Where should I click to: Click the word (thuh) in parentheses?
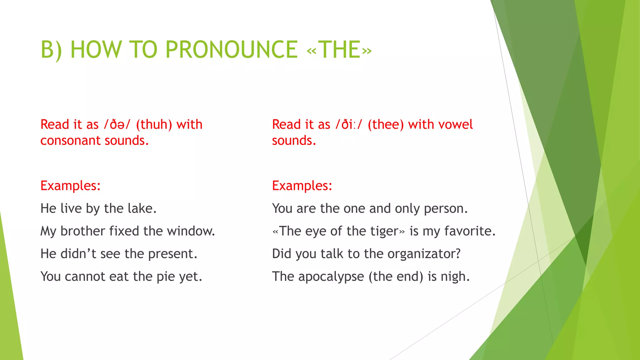pos(154,124)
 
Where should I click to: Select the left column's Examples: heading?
pos(71,186)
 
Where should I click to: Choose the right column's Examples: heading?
pos(302,186)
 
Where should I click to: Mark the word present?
pos(173,254)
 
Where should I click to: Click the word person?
pos(446,208)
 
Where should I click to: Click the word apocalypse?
pos(331,277)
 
